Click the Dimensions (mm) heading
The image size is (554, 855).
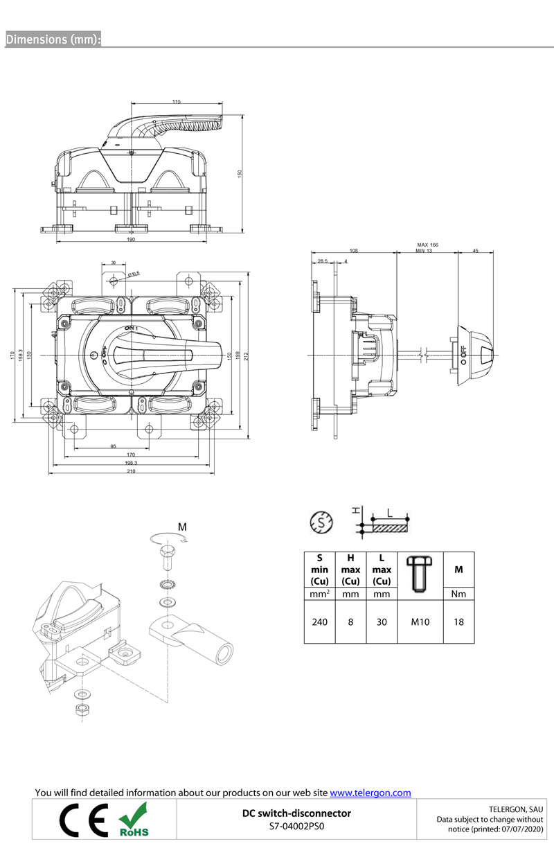53,39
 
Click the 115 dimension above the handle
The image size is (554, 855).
177,102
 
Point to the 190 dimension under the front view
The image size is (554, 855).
131,240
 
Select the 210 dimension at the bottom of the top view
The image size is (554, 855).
131,471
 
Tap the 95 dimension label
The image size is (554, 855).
113,446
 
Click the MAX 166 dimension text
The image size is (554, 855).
427,245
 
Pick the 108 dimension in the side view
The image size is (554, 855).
353,250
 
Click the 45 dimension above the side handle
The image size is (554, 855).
475,250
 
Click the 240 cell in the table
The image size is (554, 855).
319,622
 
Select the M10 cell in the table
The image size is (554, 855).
420,622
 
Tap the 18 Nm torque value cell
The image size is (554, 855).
458,622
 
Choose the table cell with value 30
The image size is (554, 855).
382,622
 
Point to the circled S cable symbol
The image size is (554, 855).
321,522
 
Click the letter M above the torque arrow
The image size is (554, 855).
182,527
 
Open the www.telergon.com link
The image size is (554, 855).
370,793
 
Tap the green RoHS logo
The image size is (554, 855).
134,820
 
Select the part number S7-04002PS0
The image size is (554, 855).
296,826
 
